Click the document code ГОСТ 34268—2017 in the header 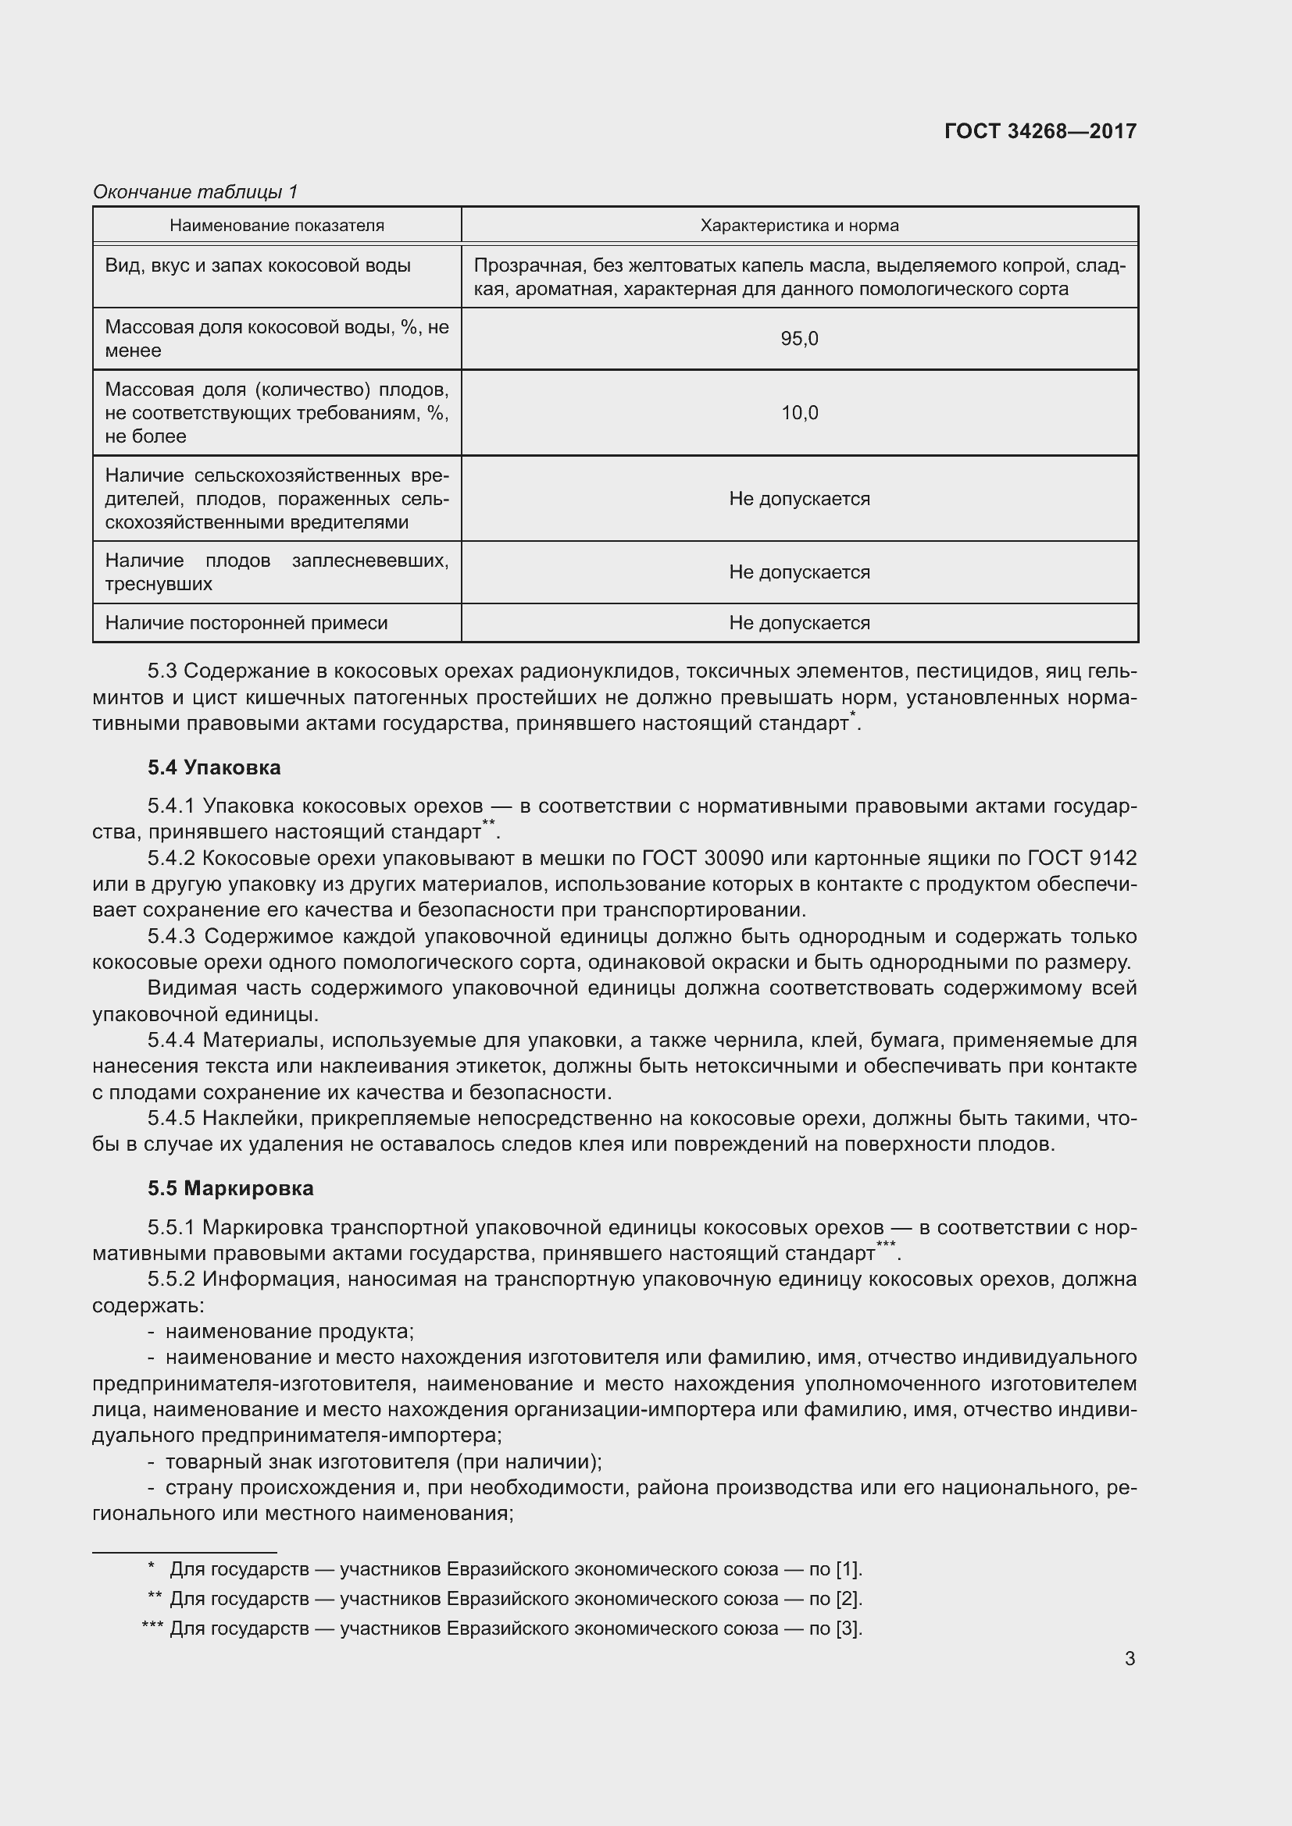pyautogui.click(x=1040, y=131)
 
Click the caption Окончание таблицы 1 pyautogui.click(x=195, y=192)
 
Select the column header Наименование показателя pyautogui.click(x=276, y=226)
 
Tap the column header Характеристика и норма pyautogui.click(x=799, y=226)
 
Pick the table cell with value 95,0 pyautogui.click(x=799, y=339)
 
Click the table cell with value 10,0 pyautogui.click(x=799, y=413)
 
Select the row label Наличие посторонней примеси pyautogui.click(x=246, y=623)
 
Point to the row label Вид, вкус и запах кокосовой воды pyautogui.click(x=258, y=265)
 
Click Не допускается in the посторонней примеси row pyautogui.click(x=799, y=623)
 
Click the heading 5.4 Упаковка pyautogui.click(x=214, y=767)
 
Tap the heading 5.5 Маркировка pyautogui.click(x=230, y=1188)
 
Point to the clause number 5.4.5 pyautogui.click(x=171, y=1118)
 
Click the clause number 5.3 pyautogui.click(x=162, y=671)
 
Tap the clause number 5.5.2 pyautogui.click(x=171, y=1279)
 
